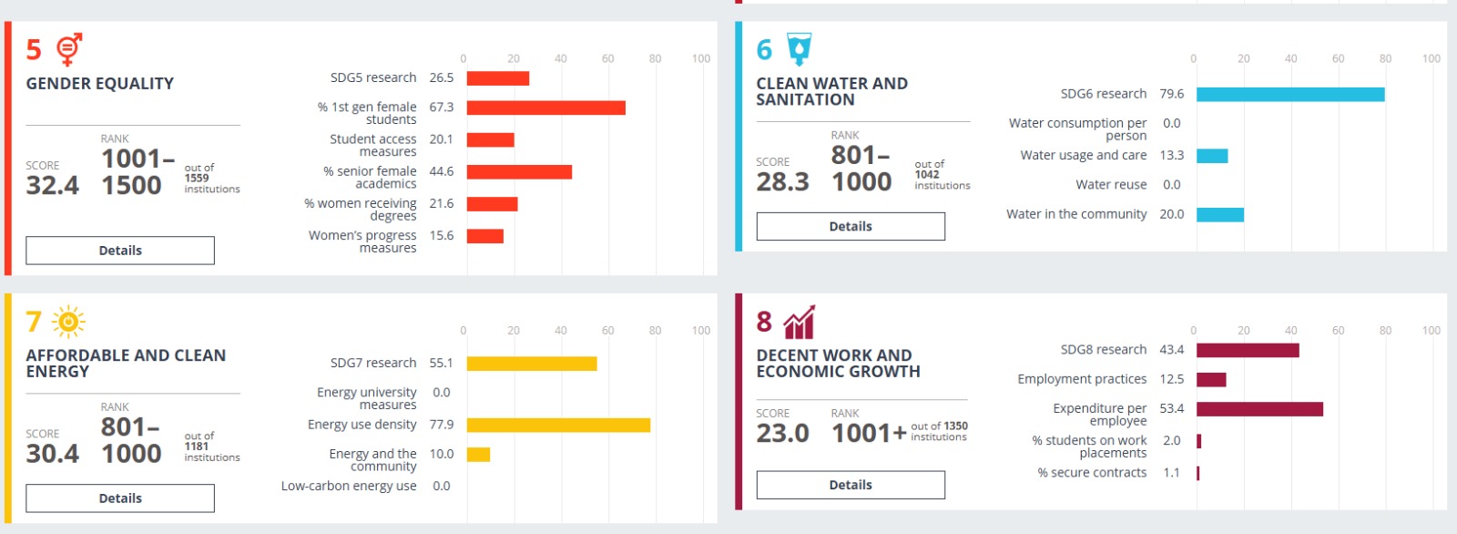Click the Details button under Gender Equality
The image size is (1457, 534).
click(x=120, y=251)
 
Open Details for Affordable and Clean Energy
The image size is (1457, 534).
click(x=120, y=498)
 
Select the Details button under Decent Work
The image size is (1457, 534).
click(x=851, y=485)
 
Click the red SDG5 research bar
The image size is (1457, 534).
click(x=498, y=78)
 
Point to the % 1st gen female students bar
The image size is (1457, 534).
click(x=546, y=108)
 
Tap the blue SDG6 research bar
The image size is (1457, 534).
click(x=1290, y=95)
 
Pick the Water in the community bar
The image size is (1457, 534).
click(x=1220, y=215)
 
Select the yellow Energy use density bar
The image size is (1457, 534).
click(x=558, y=426)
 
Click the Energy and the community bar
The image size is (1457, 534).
click(x=479, y=455)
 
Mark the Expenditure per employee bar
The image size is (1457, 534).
click(x=1259, y=409)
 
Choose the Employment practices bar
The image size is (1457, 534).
click(x=1211, y=380)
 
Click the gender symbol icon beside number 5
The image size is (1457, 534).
click(x=69, y=49)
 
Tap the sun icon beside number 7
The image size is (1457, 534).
click(x=68, y=322)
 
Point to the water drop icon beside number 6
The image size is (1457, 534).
click(x=799, y=49)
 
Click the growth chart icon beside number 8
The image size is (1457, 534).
click(x=799, y=322)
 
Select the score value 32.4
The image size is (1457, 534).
click(x=53, y=186)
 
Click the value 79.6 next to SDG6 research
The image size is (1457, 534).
click(x=1172, y=95)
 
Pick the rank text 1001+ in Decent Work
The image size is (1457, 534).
click(x=869, y=434)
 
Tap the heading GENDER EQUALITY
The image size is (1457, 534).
click(x=100, y=84)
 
